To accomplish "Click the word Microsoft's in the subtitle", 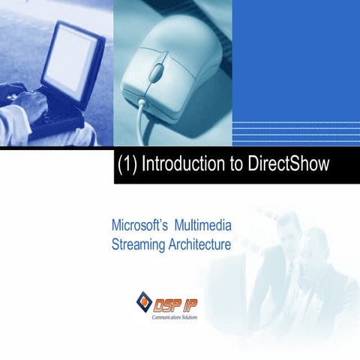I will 139,225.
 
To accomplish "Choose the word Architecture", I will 201,244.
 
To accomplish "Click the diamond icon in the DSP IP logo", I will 144,301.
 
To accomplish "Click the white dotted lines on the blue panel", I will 295,132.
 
